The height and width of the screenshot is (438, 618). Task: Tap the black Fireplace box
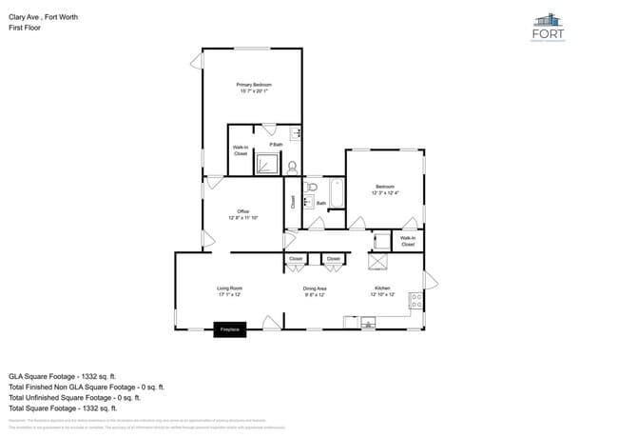click(229, 329)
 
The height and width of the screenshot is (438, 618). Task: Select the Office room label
click(242, 214)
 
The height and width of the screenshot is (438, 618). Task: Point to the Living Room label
click(229, 290)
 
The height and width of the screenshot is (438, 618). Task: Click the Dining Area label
click(315, 290)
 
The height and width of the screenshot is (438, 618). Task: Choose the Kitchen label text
click(381, 290)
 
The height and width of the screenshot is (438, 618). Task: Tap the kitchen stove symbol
click(415, 301)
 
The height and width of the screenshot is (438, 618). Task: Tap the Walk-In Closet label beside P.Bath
click(241, 150)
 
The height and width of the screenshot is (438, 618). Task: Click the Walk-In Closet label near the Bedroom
click(407, 241)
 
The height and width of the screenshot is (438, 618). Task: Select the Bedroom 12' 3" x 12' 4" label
click(385, 189)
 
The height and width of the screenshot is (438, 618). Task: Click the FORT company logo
click(549, 27)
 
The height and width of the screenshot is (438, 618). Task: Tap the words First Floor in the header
click(24, 28)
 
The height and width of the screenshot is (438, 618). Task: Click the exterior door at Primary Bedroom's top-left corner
click(198, 60)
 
